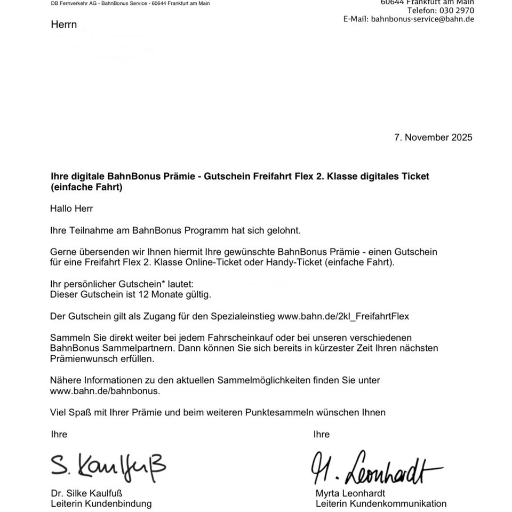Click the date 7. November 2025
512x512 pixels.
[x=433, y=137]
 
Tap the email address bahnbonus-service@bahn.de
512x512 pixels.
[x=422, y=19]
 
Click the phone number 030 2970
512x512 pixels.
[x=457, y=10]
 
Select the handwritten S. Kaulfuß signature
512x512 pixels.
[x=108, y=466]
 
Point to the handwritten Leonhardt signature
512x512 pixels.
[x=377, y=468]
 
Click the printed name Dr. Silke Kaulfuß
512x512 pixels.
[x=86, y=493]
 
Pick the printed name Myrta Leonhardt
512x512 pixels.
[x=350, y=493]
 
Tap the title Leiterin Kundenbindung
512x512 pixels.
[x=101, y=503]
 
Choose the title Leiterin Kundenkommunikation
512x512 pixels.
[x=381, y=503]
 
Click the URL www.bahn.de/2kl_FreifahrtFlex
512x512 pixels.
[x=343, y=316]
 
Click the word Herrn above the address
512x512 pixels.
[x=64, y=25]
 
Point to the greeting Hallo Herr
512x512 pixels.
[x=71, y=209]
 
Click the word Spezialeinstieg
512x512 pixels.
[x=242, y=316]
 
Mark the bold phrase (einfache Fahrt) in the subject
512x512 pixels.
[x=86, y=187]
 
